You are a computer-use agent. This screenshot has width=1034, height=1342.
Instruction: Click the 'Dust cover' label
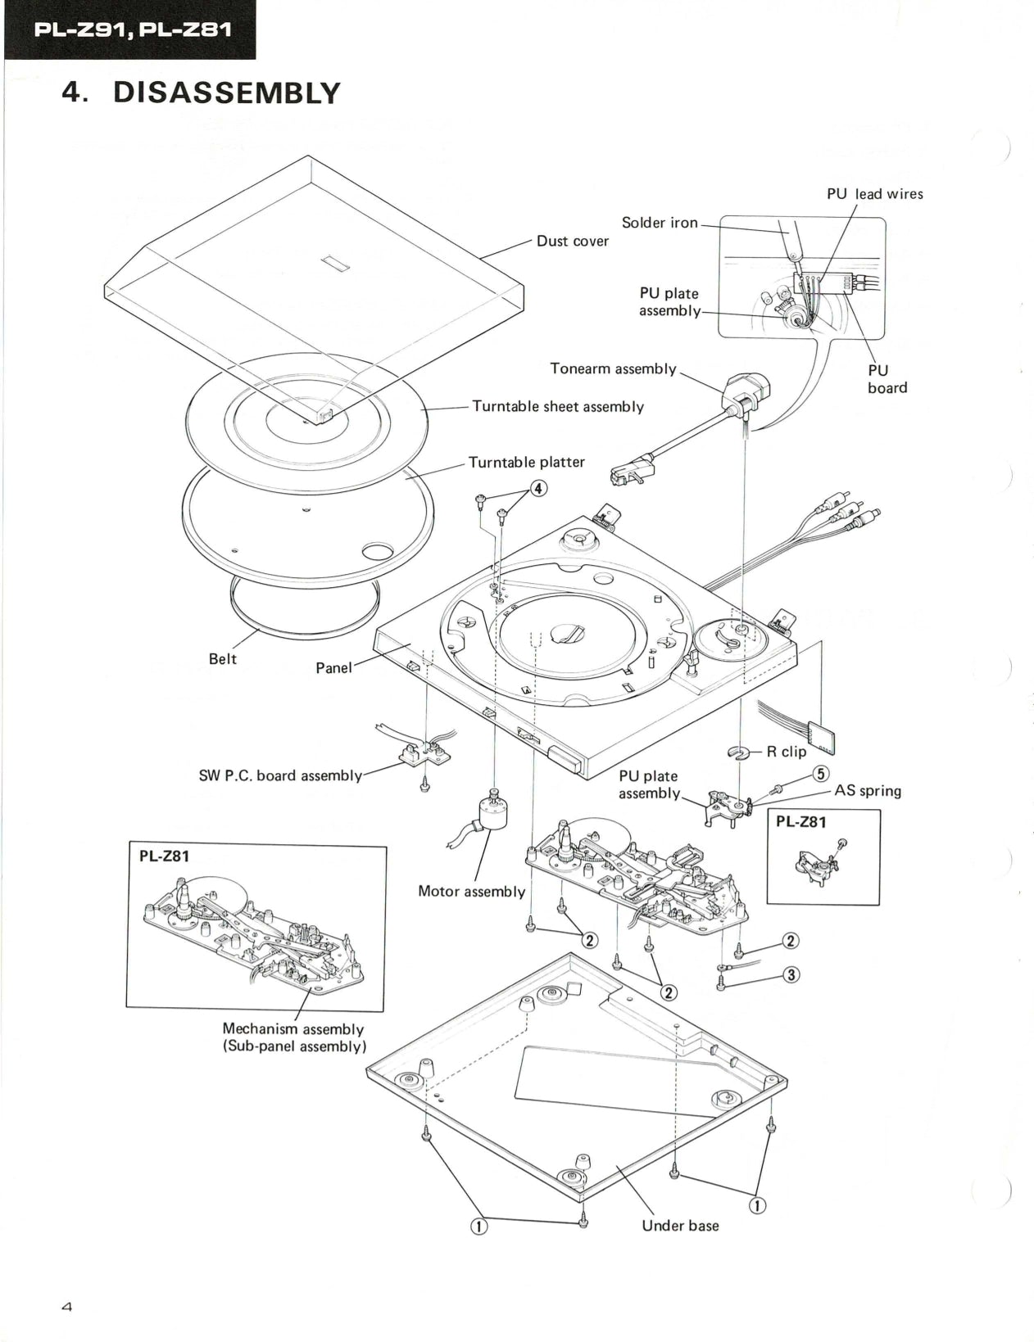coord(572,242)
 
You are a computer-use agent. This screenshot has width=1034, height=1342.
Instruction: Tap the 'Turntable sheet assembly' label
coord(557,407)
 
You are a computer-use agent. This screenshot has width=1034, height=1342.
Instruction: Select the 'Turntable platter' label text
coord(526,463)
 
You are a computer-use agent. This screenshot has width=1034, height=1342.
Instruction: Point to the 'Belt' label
coord(222,659)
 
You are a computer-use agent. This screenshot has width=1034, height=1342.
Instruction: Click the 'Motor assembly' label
coord(471,892)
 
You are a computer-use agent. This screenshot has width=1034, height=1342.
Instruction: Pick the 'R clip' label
coord(786,752)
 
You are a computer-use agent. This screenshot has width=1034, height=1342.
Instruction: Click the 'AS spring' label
coord(867,791)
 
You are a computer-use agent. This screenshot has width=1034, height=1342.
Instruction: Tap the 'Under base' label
coord(679,1226)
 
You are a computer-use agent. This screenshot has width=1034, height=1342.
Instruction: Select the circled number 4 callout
coord(537,489)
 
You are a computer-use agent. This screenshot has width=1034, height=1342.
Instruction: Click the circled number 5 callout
coord(820,774)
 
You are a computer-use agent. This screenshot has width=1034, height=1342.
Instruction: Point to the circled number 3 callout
coord(791,974)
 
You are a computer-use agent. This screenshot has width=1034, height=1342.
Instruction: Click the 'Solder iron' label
coord(660,223)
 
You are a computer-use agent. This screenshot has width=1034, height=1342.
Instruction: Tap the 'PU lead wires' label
coord(874,194)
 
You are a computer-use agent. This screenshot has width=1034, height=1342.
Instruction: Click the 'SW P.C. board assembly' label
coord(280,775)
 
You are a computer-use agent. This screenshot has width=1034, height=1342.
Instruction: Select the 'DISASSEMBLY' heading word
coord(226,93)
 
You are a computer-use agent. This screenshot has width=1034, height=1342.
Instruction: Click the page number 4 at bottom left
coord(67,1308)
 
